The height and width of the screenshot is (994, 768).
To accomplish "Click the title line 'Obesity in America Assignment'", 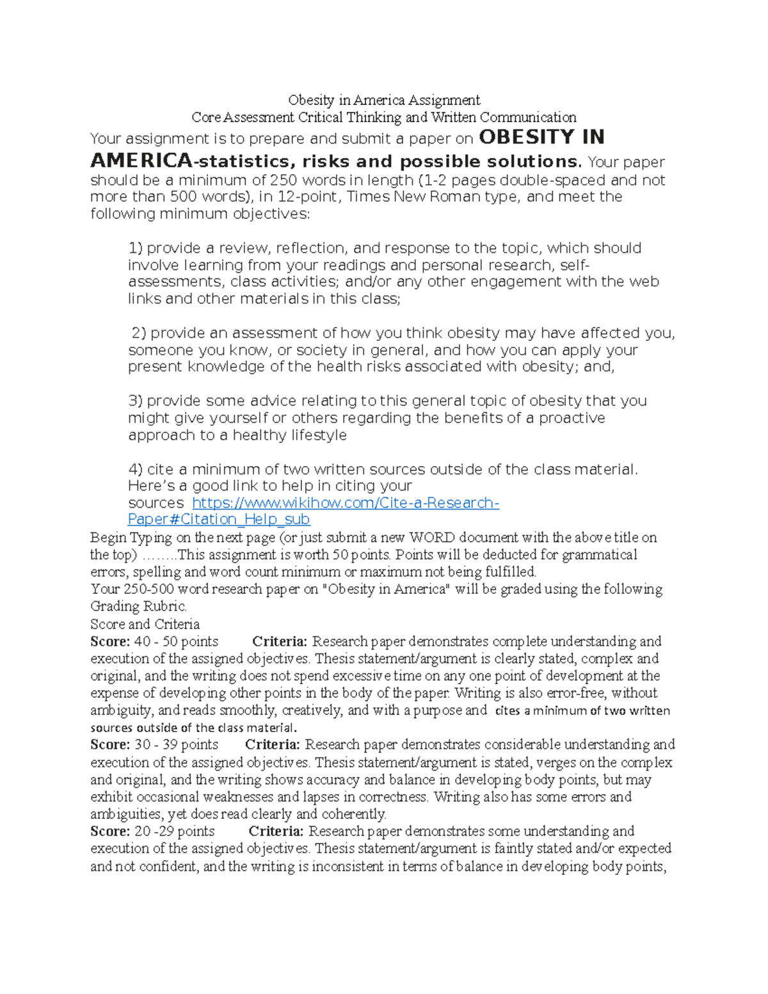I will click(384, 100).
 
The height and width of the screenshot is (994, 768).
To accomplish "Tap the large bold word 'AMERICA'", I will click(141, 161).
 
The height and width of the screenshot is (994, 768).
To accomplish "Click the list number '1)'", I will click(136, 248).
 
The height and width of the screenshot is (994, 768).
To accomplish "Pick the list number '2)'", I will click(139, 333).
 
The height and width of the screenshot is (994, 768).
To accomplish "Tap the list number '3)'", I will click(136, 401).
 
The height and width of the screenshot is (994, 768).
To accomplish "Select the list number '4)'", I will click(136, 470).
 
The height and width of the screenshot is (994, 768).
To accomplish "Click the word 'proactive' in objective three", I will click(572, 419).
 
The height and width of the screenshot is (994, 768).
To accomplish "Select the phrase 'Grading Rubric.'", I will click(139, 607).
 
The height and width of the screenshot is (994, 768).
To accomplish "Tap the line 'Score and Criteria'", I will click(145, 624).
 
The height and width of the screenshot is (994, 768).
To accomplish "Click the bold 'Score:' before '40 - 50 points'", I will click(110, 642).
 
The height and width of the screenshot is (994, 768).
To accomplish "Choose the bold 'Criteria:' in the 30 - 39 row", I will click(273, 745).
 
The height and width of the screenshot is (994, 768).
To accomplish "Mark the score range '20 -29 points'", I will click(174, 831).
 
